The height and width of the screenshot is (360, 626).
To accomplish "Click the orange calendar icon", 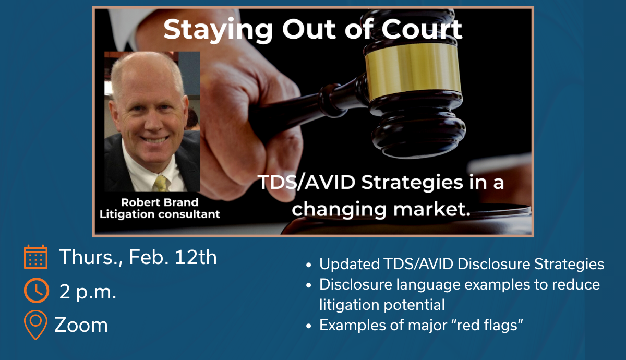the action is [36, 257].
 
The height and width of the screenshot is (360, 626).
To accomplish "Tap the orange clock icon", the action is [37, 291].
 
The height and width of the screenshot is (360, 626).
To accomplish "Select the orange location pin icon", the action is [35, 325].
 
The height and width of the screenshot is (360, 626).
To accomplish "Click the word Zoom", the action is [81, 325].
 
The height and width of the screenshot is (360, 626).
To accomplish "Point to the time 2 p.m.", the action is [88, 292].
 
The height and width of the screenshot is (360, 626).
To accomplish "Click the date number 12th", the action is [196, 257].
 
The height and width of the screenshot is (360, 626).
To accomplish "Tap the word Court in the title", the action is [422, 29].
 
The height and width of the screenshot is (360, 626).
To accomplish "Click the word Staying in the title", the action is [218, 31].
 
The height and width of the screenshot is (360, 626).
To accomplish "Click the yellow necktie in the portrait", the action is [162, 184].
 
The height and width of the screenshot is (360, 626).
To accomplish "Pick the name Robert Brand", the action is [160, 202].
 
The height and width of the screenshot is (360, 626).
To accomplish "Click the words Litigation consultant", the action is [160, 214].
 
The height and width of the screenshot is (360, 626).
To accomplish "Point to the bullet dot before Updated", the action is [308, 265].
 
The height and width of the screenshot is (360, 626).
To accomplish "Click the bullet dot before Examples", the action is [308, 326].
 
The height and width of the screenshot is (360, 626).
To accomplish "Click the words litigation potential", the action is [382, 305].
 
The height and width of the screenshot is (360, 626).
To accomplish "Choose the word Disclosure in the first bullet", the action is [494, 264].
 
